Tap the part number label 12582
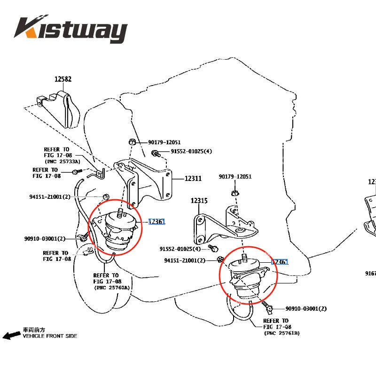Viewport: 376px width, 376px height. [63, 79]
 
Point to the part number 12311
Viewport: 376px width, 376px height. [193, 179]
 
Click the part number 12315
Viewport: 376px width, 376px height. [199, 201]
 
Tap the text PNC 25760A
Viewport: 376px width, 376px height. [112, 287]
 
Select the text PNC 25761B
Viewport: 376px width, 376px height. [282, 333]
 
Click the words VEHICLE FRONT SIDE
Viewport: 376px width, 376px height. [50, 336]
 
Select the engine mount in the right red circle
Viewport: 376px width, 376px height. [247, 277]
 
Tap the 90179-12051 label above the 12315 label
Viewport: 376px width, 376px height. [235, 177]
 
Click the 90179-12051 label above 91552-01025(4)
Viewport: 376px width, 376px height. [164, 142]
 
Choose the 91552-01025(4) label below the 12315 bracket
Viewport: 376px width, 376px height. [180, 249]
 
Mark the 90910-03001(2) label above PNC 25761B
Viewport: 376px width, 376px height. [306, 309]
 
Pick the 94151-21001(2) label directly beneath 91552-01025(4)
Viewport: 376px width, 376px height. [185, 260]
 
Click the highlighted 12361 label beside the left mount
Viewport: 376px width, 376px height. [157, 222]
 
